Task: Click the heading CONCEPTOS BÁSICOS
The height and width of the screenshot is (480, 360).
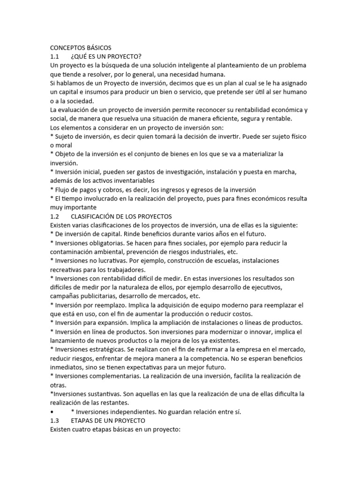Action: click(81, 47)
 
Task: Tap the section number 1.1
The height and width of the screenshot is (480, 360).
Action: click(56, 56)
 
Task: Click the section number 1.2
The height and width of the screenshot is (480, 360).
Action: click(56, 217)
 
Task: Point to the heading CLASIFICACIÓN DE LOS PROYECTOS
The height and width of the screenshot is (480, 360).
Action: click(121, 217)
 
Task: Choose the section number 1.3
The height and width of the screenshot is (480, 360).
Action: click(56, 421)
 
